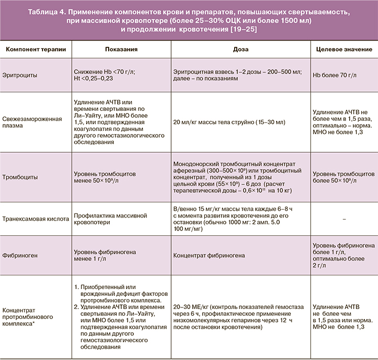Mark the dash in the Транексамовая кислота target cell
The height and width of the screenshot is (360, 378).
(343, 218)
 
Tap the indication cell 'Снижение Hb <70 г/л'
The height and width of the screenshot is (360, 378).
(105, 73)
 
